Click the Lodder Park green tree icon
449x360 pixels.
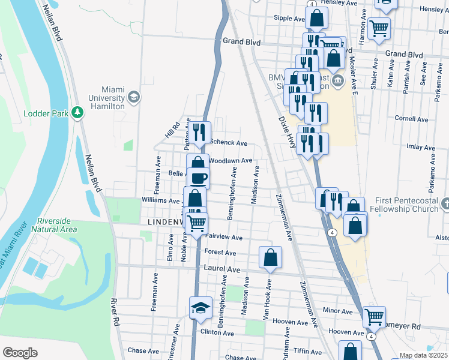coord(77,112)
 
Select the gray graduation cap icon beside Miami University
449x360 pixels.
coord(134,97)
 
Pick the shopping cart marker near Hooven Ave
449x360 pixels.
coord(375,316)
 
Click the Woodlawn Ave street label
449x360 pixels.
coord(231,161)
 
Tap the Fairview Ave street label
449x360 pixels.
coord(223,238)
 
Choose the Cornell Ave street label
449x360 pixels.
coord(411,119)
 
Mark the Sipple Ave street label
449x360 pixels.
coord(290,19)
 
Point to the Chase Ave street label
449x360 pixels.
coord(142,350)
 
